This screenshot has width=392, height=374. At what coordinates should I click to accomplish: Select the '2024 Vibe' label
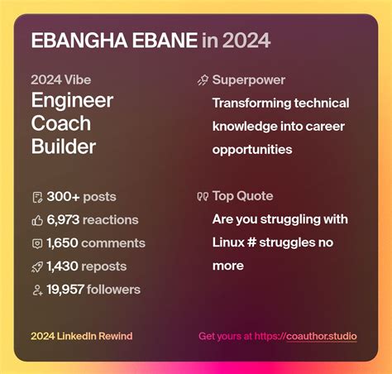[x=60, y=80]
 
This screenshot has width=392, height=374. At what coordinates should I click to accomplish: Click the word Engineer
[x=72, y=101]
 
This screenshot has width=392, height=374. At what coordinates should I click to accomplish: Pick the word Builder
[x=64, y=147]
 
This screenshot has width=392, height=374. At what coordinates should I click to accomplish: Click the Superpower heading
[x=248, y=80]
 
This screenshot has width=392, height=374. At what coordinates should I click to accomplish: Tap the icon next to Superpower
[x=203, y=80]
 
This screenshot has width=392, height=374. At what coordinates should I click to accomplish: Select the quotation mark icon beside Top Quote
[x=203, y=197]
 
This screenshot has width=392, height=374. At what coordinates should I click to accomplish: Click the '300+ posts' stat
[x=81, y=197]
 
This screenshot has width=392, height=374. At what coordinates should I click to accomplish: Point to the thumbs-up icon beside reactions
[x=36, y=220]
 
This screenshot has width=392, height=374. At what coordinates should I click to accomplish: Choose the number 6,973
[x=65, y=220]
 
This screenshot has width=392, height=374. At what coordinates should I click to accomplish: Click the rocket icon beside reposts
[x=36, y=266]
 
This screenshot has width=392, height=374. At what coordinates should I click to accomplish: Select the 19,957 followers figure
[x=93, y=290]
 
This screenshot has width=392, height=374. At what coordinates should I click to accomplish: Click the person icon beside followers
[x=36, y=290]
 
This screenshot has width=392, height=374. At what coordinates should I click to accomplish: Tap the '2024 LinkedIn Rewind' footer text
[x=81, y=336]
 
